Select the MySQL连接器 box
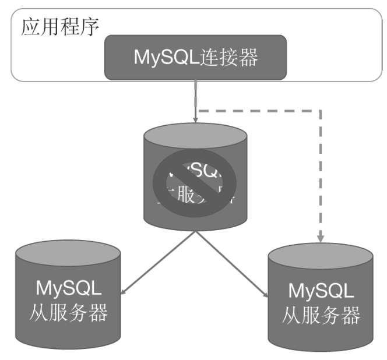click(196, 58)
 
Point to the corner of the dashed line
click(320, 109)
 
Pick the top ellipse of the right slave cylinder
click(320, 256)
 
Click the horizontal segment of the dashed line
click(259, 109)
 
